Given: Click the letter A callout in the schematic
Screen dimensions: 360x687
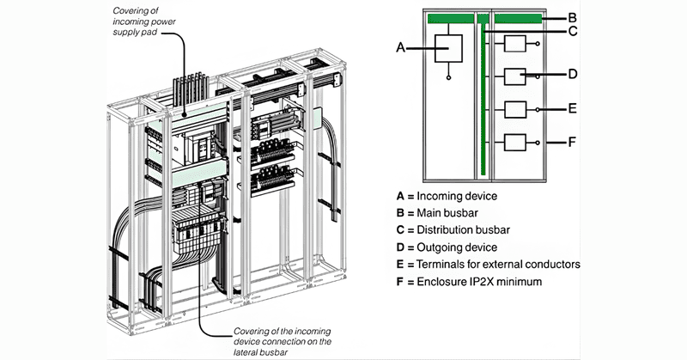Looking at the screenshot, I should [x=400, y=49].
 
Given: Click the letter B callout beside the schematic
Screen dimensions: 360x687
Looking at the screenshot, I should [x=572, y=16].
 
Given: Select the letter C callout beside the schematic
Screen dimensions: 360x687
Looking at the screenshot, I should [x=572, y=32].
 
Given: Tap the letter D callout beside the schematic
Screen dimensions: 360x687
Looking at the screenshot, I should [x=572, y=75].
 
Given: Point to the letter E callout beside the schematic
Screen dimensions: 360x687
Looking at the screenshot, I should [x=572, y=109].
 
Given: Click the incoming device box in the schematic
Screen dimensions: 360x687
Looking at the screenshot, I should [x=447, y=49].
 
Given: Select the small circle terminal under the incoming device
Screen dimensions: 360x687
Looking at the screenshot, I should [x=447, y=77].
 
